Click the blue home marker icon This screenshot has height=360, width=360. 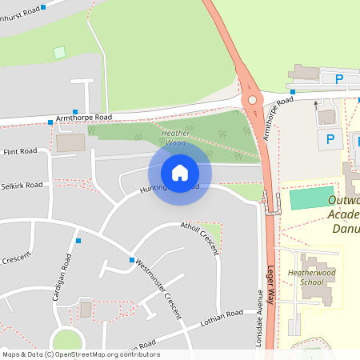coord(180,172)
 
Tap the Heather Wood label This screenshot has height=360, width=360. coord(174,138)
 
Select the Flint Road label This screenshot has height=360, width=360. coord(20,151)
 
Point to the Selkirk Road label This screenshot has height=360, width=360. coord(22,185)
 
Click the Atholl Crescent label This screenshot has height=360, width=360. coord(200,237)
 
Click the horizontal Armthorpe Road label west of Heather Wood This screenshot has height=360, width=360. coord(84,117)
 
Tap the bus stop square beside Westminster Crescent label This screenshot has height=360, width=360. coord(132,260)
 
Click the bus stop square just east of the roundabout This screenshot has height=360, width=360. coord(293,92)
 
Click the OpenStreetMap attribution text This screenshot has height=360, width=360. coord(81,354)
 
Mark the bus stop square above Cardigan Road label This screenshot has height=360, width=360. coord(78,240)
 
